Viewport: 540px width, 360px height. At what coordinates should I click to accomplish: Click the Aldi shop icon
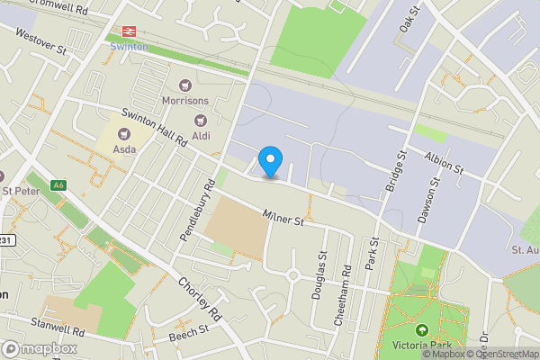(202, 120)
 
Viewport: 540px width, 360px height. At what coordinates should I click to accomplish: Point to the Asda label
(124, 148)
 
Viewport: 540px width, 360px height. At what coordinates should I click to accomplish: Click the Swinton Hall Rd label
(154, 128)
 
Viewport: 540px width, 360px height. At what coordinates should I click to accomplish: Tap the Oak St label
(409, 18)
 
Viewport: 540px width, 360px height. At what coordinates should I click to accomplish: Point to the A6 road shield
(59, 185)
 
